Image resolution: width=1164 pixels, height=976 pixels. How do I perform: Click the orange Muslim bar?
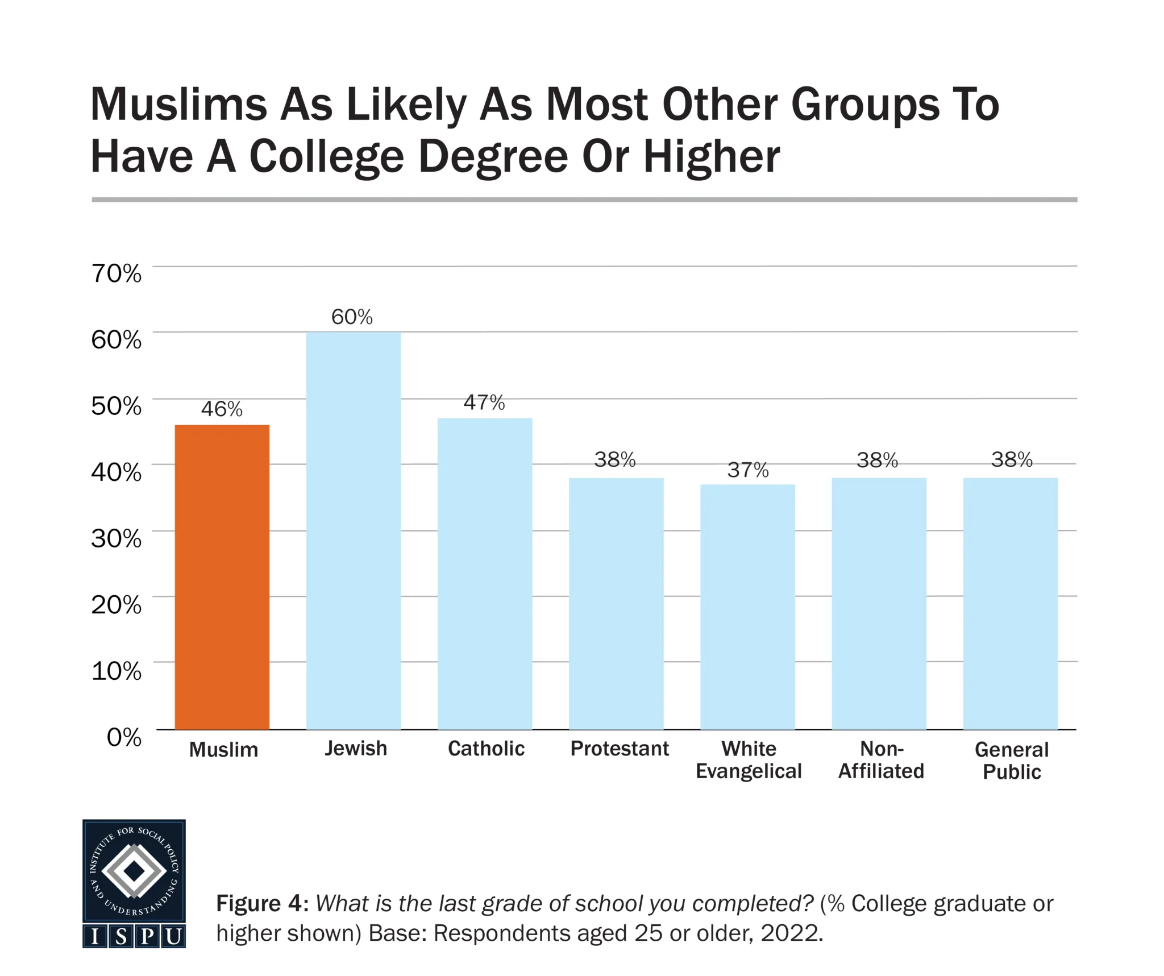click(222, 576)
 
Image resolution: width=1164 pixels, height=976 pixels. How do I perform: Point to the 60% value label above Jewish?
click(352, 317)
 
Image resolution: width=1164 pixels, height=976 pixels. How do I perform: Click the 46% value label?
click(222, 409)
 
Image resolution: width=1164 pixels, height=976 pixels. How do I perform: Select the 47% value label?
click(484, 403)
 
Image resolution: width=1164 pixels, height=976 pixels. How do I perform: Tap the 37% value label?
click(748, 471)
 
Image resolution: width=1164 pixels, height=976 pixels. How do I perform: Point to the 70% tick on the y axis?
click(117, 274)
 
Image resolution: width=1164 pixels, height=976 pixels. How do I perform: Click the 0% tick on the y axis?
click(124, 737)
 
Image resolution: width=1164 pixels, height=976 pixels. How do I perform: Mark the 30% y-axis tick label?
click(117, 539)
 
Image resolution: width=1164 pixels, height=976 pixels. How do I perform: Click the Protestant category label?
click(620, 749)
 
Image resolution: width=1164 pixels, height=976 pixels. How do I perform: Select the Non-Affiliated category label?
click(881, 760)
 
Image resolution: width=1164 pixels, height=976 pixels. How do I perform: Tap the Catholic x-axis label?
click(486, 749)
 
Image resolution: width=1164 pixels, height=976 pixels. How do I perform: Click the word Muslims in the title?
click(178, 105)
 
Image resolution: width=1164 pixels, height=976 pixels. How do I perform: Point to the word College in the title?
click(326, 156)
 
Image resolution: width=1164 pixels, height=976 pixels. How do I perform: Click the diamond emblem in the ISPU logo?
click(134, 870)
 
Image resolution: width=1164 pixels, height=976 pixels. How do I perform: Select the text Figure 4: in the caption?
click(262, 904)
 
